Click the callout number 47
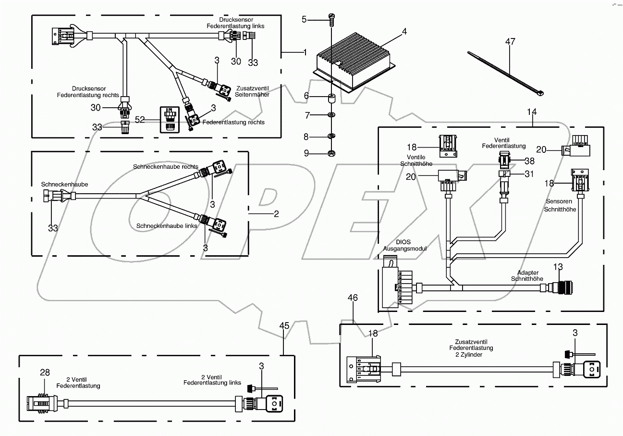[510, 42]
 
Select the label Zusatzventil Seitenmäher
[252, 92]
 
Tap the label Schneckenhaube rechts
[166, 166]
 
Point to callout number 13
[558, 267]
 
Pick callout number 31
[529, 174]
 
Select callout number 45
[284, 325]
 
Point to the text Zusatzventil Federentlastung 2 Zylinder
[471, 348]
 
